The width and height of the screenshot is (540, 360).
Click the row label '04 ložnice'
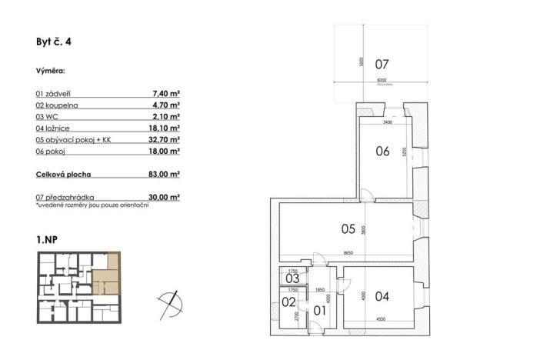pos(54,128)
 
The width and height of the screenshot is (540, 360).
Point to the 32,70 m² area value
pos(164,141)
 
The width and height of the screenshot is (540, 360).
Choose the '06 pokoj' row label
pos(52,153)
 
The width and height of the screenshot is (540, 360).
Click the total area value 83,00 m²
pos(164,175)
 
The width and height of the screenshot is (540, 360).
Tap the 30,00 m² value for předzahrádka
pos(164,197)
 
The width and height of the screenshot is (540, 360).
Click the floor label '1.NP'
pos(46,240)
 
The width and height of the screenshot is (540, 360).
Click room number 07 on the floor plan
pos(382,64)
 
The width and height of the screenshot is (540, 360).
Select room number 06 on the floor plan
pos(382,152)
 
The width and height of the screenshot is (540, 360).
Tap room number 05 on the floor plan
pos(348,228)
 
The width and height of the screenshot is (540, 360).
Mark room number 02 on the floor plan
pos(288,303)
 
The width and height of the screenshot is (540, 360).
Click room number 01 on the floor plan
pos(321,311)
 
